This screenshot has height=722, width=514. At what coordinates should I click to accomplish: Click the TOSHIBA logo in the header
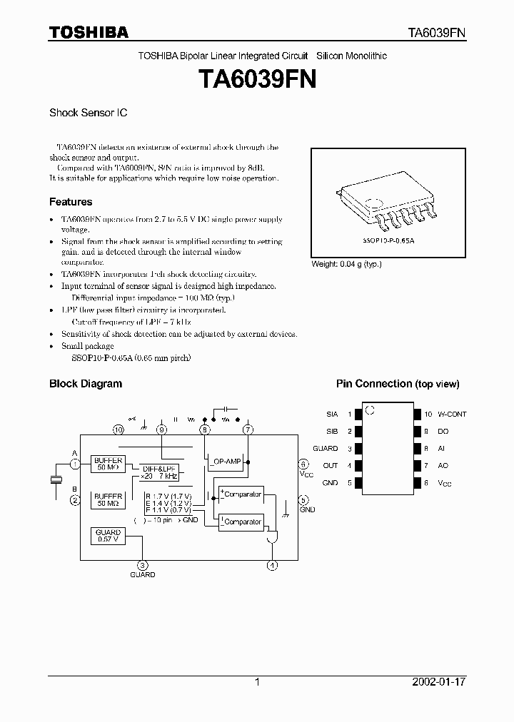89,33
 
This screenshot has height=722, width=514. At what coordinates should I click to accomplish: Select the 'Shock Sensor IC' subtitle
88,113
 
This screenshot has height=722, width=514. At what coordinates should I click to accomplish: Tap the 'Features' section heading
71,202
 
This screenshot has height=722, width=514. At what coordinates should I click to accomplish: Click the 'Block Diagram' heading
85,384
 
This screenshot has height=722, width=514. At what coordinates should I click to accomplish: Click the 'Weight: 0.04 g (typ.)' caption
346,264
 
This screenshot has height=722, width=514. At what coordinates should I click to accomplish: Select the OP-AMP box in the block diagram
228,462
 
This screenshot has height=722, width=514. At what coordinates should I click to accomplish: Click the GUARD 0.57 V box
109,536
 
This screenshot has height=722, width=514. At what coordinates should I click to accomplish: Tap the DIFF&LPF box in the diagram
158,471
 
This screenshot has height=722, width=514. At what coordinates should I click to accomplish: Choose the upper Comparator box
241,494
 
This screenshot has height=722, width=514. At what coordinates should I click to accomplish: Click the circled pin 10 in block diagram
119,429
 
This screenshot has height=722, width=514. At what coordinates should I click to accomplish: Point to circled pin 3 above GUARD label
142,565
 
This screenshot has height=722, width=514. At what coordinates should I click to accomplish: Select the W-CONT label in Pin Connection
452,414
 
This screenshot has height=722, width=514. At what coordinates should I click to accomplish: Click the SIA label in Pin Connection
332,414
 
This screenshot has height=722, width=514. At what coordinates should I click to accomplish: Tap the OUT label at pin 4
331,466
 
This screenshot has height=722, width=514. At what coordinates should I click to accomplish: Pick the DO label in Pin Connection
443,431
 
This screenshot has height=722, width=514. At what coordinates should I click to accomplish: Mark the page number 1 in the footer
257,682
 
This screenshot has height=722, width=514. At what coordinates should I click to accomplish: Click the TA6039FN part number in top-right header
437,33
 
